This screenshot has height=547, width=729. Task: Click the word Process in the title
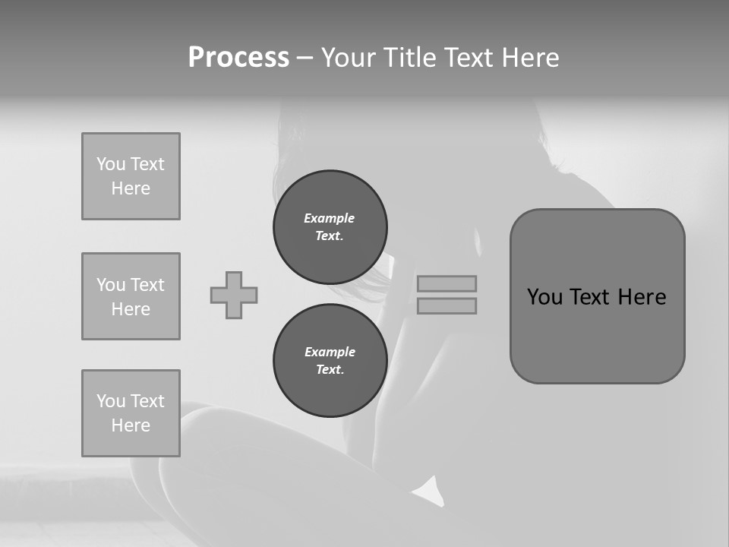tap(238, 58)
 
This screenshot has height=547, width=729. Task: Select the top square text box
tap(131, 176)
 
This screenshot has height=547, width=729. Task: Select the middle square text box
tap(131, 296)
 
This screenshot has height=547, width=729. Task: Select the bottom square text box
tap(131, 413)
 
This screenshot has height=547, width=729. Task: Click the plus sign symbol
tap(234, 295)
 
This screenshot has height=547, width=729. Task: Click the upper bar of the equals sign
tap(447, 283)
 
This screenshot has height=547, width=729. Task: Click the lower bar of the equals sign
tap(447, 305)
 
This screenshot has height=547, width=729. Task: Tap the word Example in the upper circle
tap(330, 218)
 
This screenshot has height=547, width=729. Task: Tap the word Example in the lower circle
tap(330, 352)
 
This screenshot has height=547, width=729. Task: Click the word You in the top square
tap(111, 164)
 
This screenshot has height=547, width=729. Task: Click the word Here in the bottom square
tap(131, 425)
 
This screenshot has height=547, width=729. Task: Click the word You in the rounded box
tap(544, 297)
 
